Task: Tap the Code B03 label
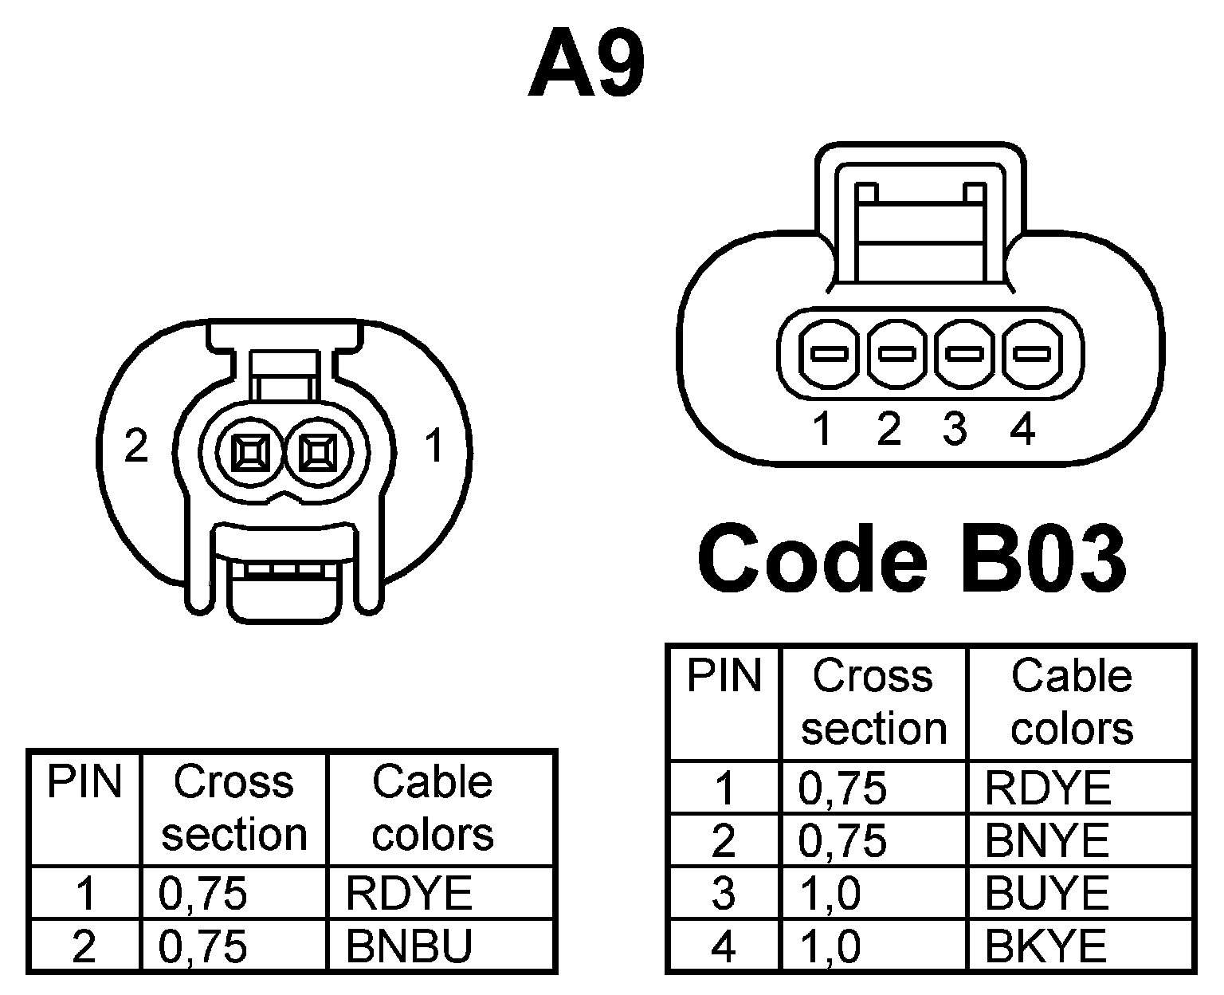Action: pos(912,558)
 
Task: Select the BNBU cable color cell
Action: pos(409,946)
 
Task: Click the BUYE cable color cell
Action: pos(1046,893)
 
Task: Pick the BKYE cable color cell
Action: pos(1046,946)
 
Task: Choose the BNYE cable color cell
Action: pos(1046,840)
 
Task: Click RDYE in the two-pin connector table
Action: pos(409,893)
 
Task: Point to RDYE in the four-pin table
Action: pos(1047,788)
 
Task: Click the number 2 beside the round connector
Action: pos(136,446)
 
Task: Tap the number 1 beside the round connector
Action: pos(434,446)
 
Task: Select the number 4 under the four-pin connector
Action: pos(1022,430)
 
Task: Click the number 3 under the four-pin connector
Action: pos(955,430)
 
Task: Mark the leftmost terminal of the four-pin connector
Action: pos(830,352)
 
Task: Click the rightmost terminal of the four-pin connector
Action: pos(1031,352)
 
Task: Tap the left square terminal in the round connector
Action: pos(251,454)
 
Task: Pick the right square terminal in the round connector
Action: pos(319,454)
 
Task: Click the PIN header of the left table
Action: pos(84,782)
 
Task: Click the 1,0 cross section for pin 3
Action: pos(830,893)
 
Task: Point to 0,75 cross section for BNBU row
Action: pos(203,946)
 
